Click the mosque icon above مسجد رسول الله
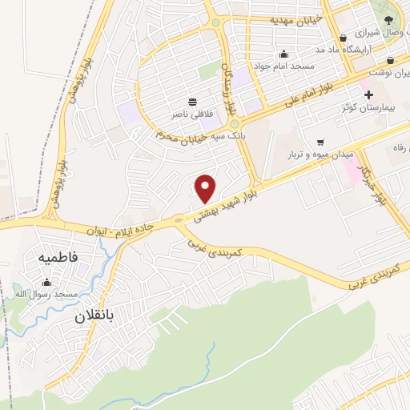pos(46,282)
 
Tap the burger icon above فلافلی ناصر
pos(192,102)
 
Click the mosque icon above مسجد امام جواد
pos(283,54)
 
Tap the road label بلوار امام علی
pos(305,95)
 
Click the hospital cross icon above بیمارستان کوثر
pos(368,94)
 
